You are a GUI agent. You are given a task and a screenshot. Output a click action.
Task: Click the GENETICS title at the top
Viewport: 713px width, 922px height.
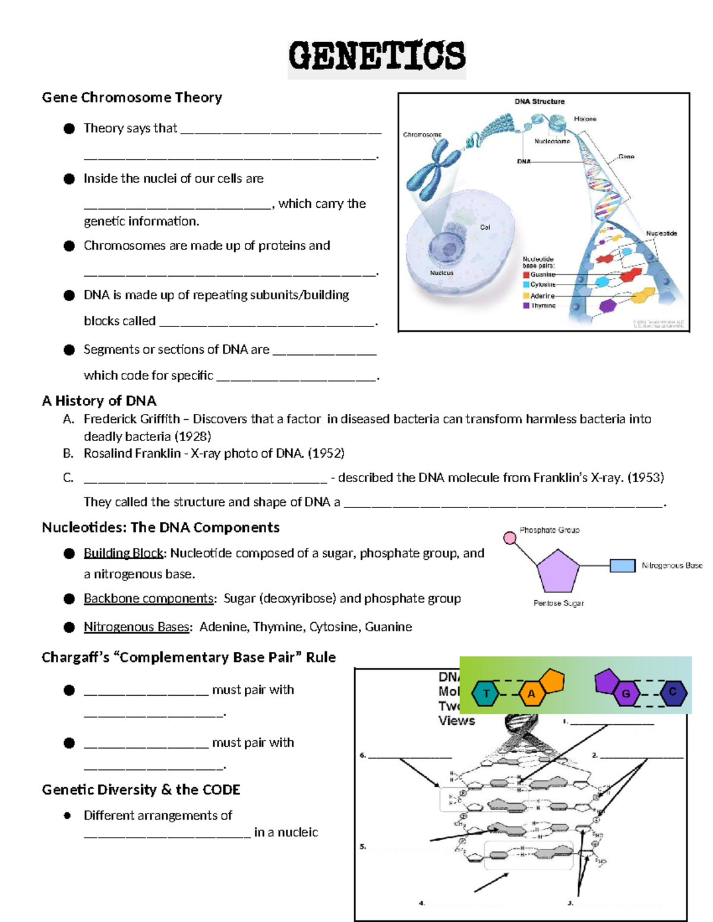pos(377,56)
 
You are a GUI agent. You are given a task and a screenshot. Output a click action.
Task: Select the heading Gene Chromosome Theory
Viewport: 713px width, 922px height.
pos(132,97)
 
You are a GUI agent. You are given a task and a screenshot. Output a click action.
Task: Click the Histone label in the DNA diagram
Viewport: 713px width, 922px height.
pos(585,119)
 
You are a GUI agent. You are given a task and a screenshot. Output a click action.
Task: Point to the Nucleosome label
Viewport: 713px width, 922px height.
pos(551,141)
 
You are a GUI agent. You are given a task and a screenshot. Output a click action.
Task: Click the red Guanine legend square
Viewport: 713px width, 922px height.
pos(526,275)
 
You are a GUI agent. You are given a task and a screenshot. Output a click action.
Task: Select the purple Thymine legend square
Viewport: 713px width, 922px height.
pos(526,306)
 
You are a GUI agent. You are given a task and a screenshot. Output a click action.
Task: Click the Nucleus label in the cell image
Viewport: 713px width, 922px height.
pos(441,273)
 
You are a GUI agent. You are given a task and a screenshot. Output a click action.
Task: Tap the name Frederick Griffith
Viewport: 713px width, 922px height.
pos(131,419)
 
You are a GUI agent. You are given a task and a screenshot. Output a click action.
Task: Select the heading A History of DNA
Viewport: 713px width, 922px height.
pos(99,401)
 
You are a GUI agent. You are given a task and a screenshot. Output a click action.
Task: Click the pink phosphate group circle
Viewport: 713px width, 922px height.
pos(510,538)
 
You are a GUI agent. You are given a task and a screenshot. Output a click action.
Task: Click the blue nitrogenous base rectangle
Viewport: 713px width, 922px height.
pos(623,566)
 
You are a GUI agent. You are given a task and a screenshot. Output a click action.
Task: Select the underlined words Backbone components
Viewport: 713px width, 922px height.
pos(149,598)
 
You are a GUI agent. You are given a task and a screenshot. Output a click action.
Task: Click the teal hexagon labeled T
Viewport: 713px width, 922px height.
pos(485,693)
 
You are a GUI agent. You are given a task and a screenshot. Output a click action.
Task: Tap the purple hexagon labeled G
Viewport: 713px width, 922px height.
pos(626,693)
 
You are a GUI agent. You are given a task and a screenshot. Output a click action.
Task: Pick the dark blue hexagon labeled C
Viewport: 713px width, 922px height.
pos(673,692)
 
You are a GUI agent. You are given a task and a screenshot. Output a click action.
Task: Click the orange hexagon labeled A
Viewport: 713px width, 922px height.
pos(532,693)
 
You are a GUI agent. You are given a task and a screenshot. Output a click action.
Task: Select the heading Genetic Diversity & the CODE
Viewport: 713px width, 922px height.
pos(141,790)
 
